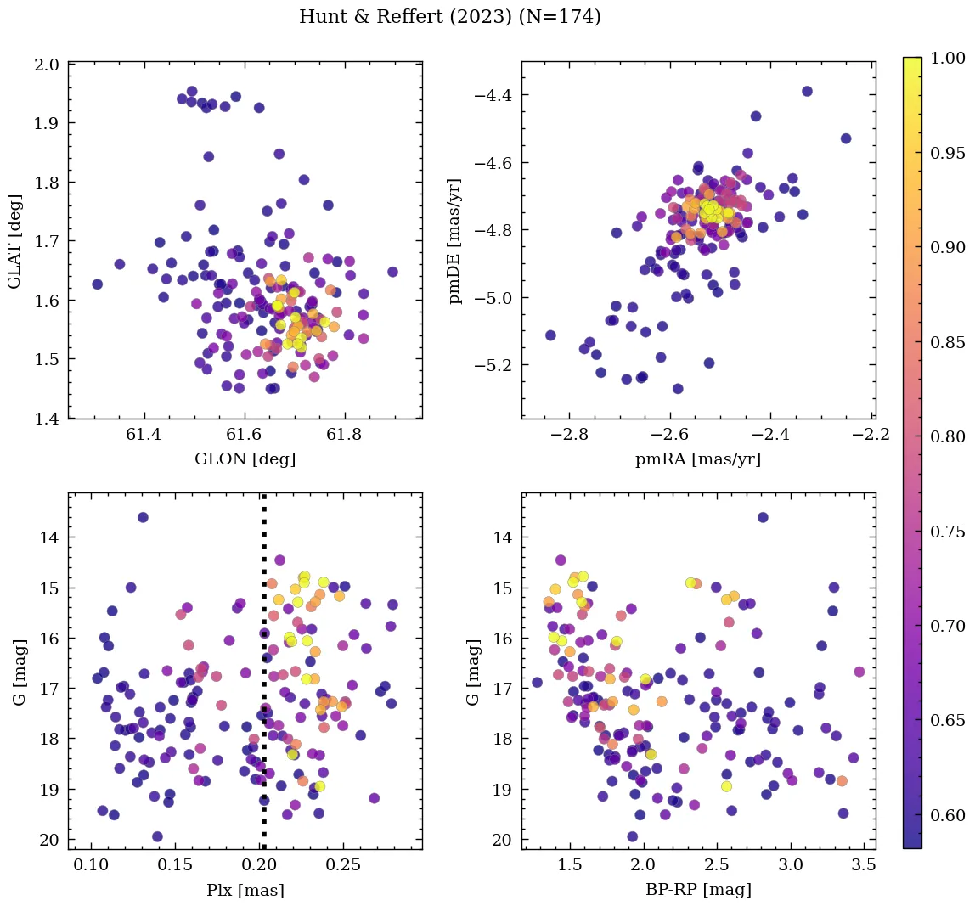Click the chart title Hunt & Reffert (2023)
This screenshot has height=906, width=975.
click(x=450, y=17)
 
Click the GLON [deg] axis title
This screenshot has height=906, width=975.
click(x=245, y=459)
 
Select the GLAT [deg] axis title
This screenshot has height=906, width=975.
click(x=15, y=241)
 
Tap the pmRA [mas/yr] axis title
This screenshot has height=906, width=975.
click(x=698, y=459)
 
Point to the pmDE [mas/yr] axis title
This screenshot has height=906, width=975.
click(x=456, y=241)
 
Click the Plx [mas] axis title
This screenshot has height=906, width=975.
click(x=245, y=891)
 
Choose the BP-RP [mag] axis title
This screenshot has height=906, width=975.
click(x=698, y=891)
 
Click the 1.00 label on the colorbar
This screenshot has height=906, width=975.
click(x=947, y=58)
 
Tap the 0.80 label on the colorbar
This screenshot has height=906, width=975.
click(x=947, y=436)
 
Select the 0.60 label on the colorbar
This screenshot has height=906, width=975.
click(x=947, y=815)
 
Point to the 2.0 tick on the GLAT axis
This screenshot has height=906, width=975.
click(x=47, y=65)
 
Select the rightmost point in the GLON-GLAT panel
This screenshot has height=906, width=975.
click(x=392, y=272)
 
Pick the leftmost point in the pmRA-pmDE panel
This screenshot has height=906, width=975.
click(x=550, y=335)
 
